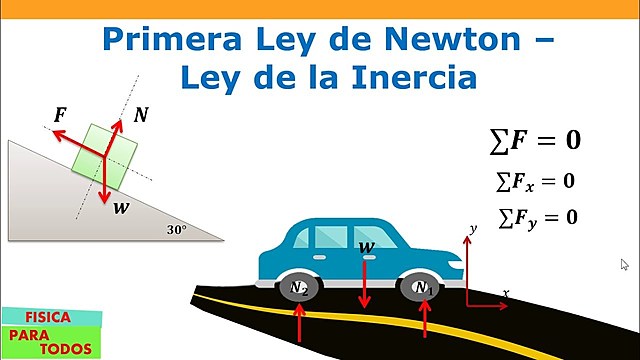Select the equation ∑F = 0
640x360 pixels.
535,140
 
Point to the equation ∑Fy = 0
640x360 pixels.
536,216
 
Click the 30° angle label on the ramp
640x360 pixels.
177,229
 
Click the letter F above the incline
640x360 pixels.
60,114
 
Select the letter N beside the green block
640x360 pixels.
141,115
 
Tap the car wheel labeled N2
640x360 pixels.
300,288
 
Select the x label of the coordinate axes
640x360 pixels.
506,293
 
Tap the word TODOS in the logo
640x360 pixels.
67,349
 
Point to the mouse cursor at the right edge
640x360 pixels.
625,265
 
